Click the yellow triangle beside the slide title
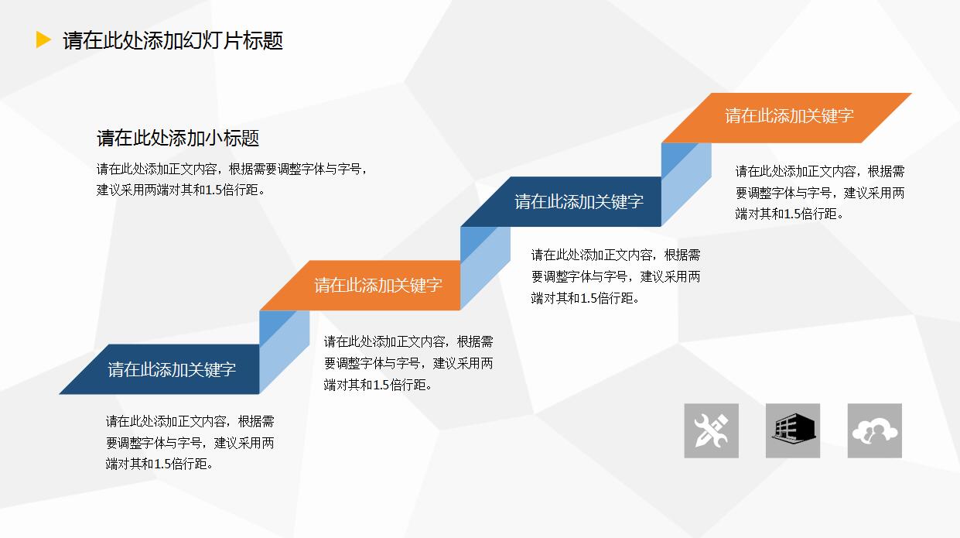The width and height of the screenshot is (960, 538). coord(43,40)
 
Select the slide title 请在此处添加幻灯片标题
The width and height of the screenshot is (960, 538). coord(173,40)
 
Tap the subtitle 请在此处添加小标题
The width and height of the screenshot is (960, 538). coord(178,139)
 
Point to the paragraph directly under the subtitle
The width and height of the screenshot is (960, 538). coord(231,179)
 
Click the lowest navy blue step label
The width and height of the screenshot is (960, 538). coord(171,369)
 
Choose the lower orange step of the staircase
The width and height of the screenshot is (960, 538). coord(378,285)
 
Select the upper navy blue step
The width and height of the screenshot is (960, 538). coord(579,202)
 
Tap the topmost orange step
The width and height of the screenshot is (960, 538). coord(788,116)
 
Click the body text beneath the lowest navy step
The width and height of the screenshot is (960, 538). coord(190,443)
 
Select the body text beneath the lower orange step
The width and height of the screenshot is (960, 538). coord(408,362)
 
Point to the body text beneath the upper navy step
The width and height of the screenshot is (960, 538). coord(615,276)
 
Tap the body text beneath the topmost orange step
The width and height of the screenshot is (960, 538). coord(819,193)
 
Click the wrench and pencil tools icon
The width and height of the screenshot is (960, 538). coord(711,430)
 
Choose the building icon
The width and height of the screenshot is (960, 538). coord(793,430)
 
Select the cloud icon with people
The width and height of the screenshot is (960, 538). coord(874,430)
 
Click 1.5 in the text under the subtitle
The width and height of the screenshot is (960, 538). coord(215,190)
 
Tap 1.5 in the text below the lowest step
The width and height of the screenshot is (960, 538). coord(163,464)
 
